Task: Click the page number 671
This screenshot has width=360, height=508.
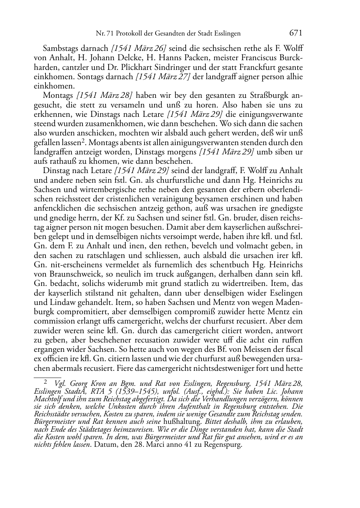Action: [296, 33]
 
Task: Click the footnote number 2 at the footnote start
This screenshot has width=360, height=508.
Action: [46, 382]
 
